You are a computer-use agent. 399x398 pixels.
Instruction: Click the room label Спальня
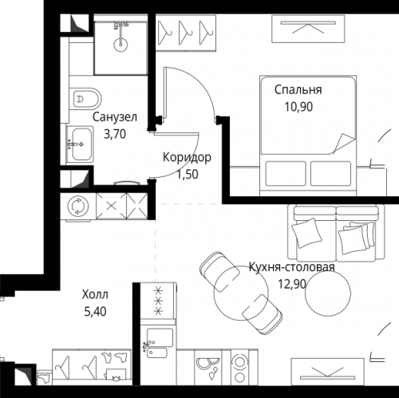[298, 90]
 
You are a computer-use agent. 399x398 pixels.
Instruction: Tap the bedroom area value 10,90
[298, 107]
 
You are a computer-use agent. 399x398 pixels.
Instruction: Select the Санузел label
[115, 117]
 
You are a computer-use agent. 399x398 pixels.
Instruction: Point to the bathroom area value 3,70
[115, 134]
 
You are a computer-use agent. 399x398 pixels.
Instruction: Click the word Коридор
[187, 157]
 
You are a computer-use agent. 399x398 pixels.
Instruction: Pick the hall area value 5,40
[95, 312]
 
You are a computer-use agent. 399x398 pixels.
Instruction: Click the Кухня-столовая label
[291, 267]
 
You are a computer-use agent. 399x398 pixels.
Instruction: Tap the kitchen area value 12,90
[292, 284]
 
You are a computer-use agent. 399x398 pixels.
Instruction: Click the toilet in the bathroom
[85, 99]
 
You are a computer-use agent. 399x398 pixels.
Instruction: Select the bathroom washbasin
[80, 144]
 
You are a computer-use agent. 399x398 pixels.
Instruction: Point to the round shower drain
[120, 45]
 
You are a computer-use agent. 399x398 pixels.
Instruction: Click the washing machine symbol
[77, 206]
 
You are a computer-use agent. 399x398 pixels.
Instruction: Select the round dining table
[241, 292]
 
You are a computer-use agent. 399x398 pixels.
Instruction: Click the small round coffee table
[328, 293]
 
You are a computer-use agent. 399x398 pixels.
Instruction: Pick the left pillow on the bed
[286, 173]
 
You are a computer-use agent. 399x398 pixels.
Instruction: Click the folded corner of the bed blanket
[342, 143]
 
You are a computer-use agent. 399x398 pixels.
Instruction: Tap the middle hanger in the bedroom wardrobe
[185, 33]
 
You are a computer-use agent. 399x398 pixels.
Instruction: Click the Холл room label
[95, 294]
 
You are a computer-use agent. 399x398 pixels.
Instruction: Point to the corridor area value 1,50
[188, 175]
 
